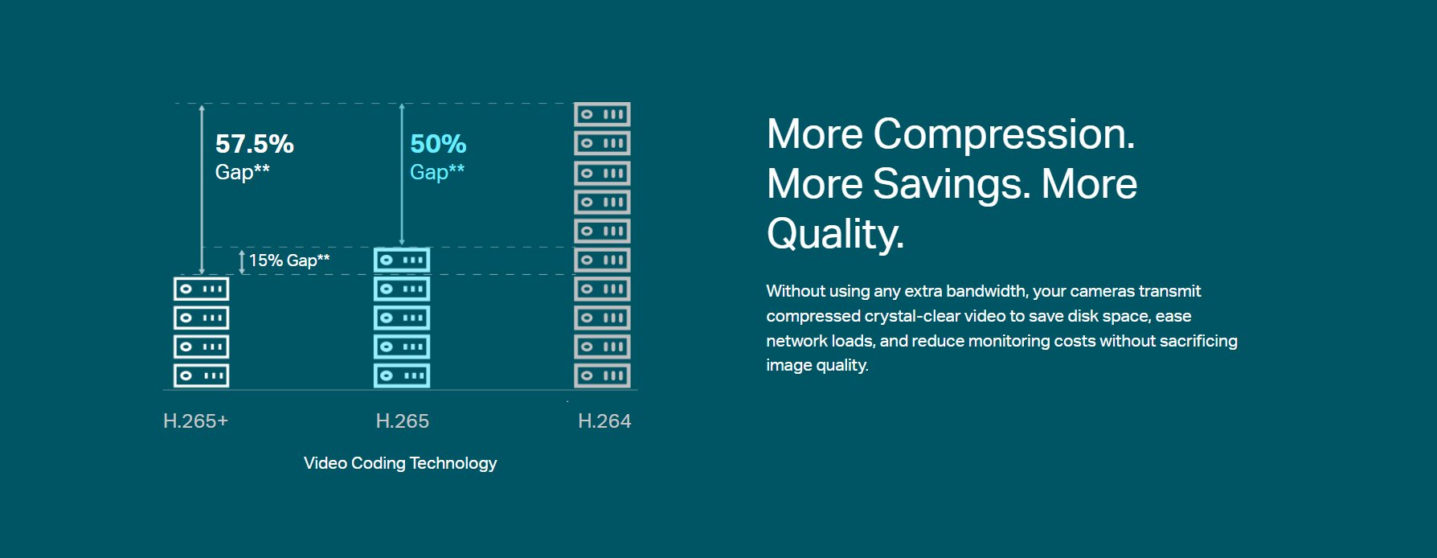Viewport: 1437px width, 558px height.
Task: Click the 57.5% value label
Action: pyautogui.click(x=254, y=144)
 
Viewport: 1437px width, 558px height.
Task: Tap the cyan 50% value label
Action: pyautogui.click(x=438, y=144)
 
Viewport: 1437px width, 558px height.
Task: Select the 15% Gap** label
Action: pyautogui.click(x=289, y=261)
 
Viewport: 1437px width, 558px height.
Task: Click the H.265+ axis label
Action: pyautogui.click(x=195, y=421)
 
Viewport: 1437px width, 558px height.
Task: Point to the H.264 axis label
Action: pyautogui.click(x=604, y=421)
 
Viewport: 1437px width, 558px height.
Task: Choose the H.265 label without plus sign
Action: pyautogui.click(x=402, y=421)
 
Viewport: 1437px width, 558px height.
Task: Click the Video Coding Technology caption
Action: pyautogui.click(x=400, y=463)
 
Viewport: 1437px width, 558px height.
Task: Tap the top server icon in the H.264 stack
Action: pyautogui.click(x=602, y=114)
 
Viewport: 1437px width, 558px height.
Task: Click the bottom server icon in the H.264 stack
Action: pyautogui.click(x=602, y=375)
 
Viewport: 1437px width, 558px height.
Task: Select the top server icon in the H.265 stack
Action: pyautogui.click(x=402, y=260)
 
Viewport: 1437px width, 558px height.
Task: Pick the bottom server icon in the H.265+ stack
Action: pyautogui.click(x=201, y=375)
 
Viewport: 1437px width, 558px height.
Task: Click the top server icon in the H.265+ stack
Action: pyautogui.click(x=201, y=289)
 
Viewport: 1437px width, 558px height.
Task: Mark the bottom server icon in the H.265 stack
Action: pyautogui.click(x=402, y=375)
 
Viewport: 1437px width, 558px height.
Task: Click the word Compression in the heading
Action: pyautogui.click(x=1004, y=134)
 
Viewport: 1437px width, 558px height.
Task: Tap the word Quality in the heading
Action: pyautogui.click(x=835, y=234)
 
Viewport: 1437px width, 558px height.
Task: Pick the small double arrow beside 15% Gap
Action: pyautogui.click(x=242, y=261)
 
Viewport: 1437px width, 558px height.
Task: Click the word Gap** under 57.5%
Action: pyautogui.click(x=242, y=172)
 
